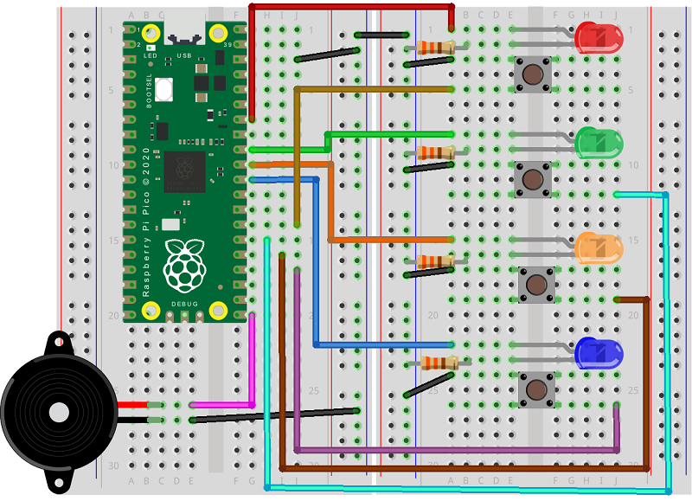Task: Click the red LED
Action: point(599,37)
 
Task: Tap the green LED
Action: point(599,143)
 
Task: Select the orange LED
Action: point(599,248)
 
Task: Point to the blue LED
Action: point(599,352)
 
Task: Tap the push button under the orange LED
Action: point(536,285)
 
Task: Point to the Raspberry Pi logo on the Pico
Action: point(185,266)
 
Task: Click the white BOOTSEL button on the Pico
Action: point(164,87)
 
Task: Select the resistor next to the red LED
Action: point(435,48)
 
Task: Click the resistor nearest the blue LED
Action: point(435,363)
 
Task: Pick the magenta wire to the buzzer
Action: point(252,363)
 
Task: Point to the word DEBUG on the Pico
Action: point(184,305)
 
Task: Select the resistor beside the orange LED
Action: point(435,260)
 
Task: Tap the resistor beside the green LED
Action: point(435,153)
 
